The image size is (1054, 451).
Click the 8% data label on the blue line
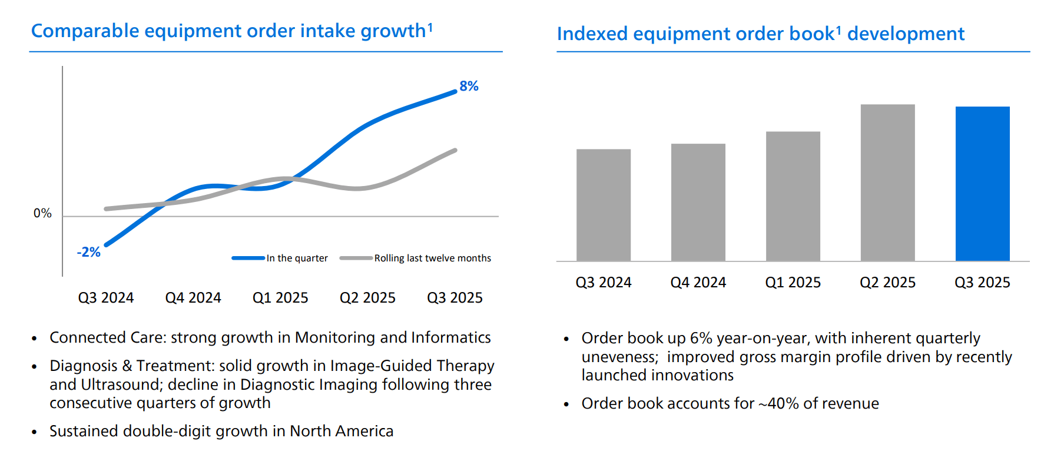pyautogui.click(x=469, y=86)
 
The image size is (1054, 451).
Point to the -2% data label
pyautogui.click(x=88, y=252)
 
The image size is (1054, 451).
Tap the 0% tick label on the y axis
pyautogui.click(x=42, y=213)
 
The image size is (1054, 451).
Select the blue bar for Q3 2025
pyautogui.click(x=982, y=184)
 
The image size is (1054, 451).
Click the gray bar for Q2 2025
pyautogui.click(x=887, y=183)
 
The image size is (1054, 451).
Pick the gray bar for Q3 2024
pyautogui.click(x=603, y=205)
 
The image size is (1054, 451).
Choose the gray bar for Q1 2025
pyautogui.click(x=793, y=196)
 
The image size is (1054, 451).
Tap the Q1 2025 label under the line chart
pyautogui.click(x=280, y=298)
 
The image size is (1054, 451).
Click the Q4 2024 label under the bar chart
pyautogui.click(x=698, y=283)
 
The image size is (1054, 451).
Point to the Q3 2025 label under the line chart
pyautogui.click(x=455, y=298)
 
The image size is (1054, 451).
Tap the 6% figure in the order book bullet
pyautogui.click(x=701, y=338)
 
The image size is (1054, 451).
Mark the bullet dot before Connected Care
pyautogui.click(x=35, y=339)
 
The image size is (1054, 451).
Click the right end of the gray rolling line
pyautogui.click(x=455, y=150)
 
